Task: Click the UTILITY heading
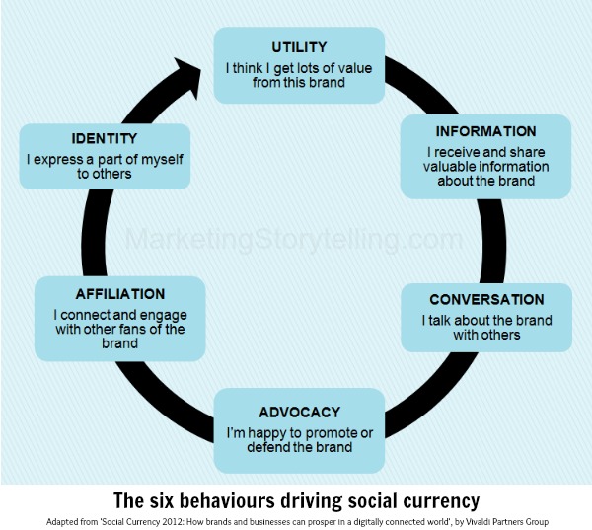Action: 298,47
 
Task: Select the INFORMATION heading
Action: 486,131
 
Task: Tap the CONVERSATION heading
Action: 486,300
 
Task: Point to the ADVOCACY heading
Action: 298,412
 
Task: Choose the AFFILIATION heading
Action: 120,294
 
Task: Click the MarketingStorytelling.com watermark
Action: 294,240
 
